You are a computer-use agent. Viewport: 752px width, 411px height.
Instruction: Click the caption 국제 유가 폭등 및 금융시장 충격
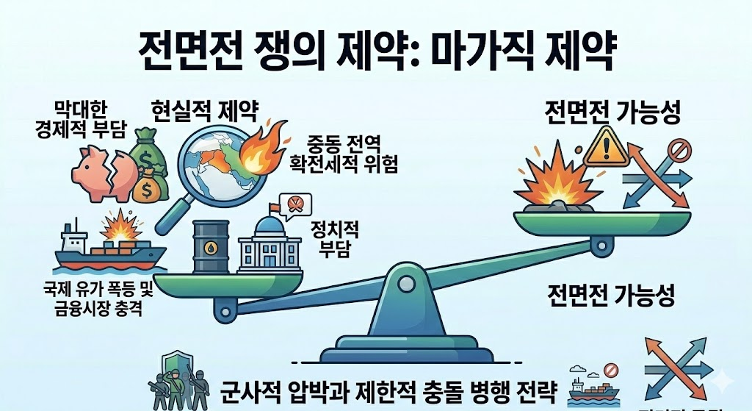point(98,299)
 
